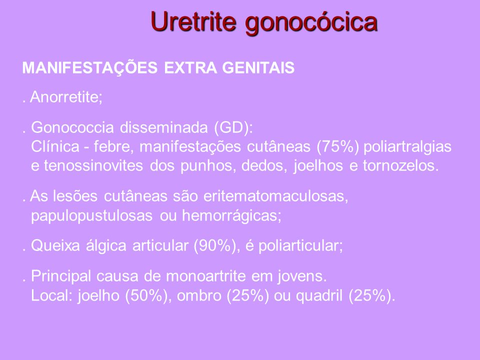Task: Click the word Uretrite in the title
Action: (193, 21)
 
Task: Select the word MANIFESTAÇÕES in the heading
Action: (90, 68)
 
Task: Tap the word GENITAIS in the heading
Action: (258, 67)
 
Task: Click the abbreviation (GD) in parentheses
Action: (233, 127)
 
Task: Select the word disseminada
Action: (164, 127)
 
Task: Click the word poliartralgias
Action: (407, 147)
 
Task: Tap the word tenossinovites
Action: (93, 165)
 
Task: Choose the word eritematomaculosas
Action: (275, 196)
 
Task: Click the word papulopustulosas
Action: (92, 216)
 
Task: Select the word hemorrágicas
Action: (231, 216)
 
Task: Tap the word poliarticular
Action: (300, 246)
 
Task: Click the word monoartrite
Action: (206, 276)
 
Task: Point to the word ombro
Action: (199, 295)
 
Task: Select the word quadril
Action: (319, 296)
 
